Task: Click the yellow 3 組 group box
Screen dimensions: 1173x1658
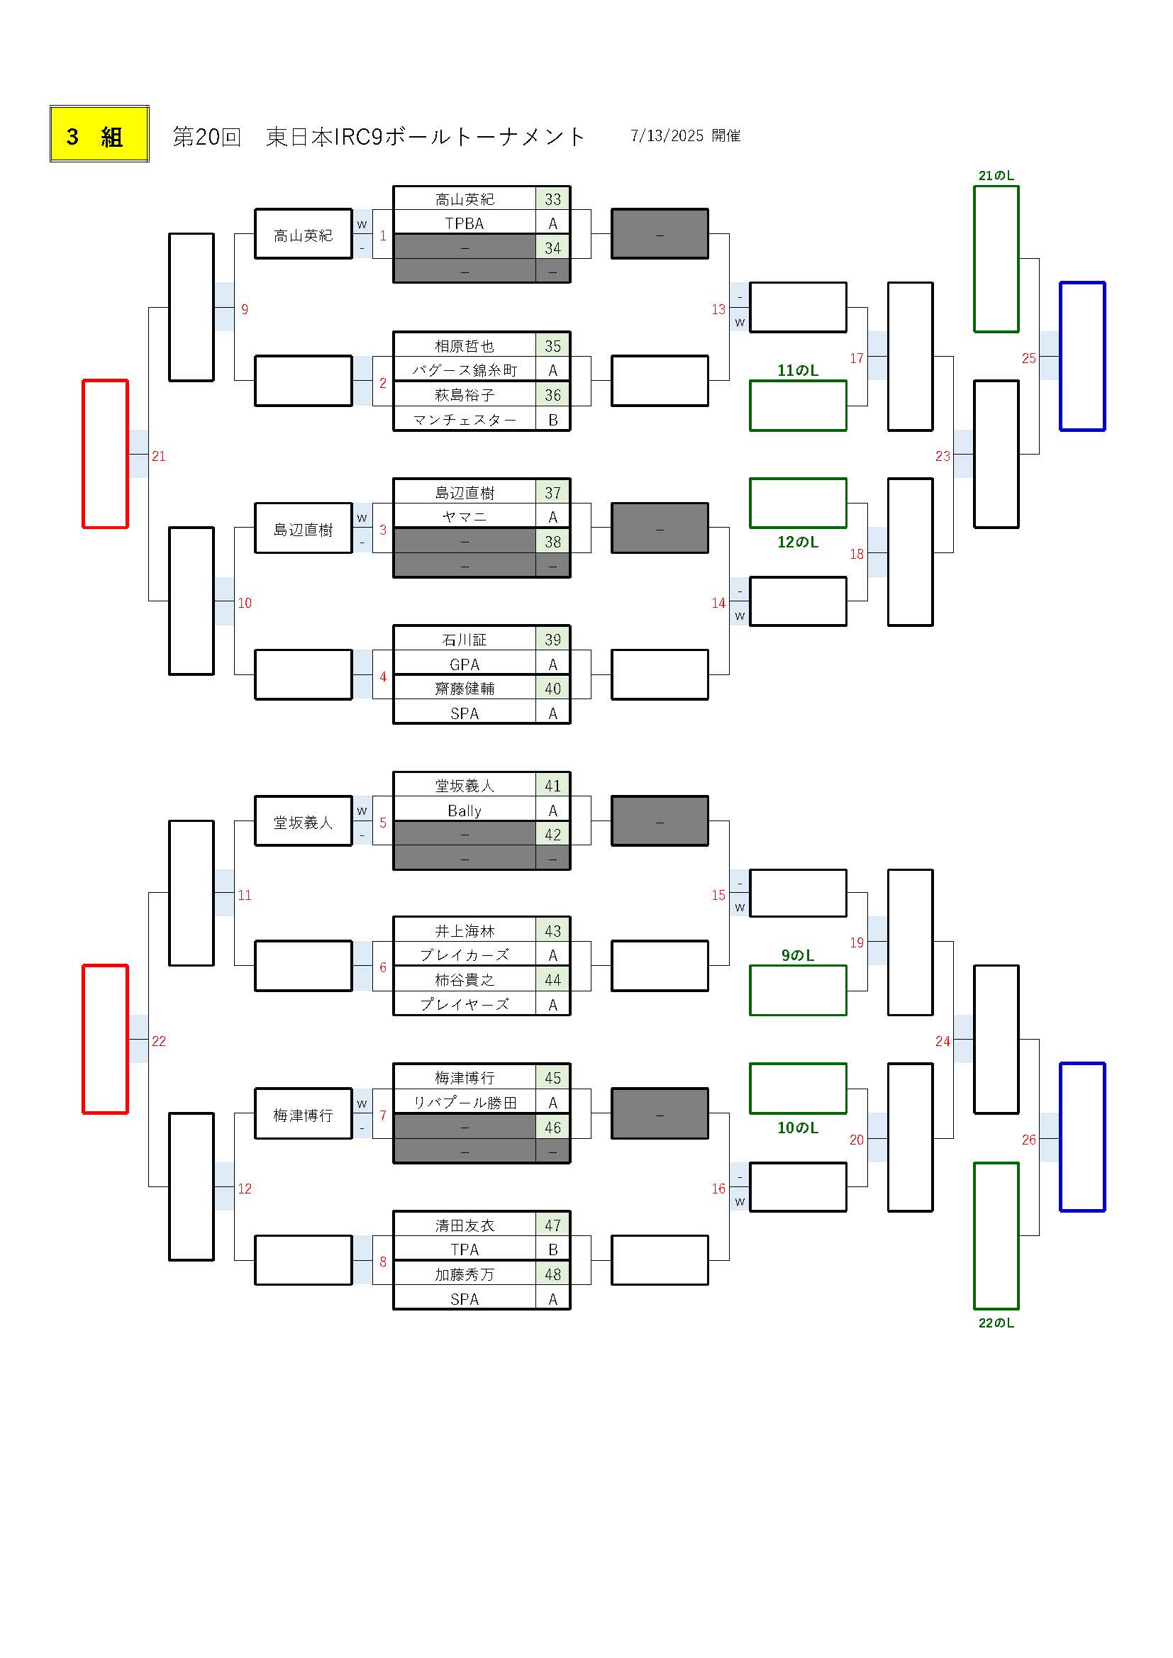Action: [100, 134]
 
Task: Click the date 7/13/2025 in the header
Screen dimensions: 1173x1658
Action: [667, 135]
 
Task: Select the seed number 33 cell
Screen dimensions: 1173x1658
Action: [552, 199]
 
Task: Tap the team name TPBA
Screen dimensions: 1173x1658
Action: [465, 223]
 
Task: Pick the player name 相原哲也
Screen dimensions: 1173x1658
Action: [465, 346]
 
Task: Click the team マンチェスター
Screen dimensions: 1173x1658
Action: [465, 420]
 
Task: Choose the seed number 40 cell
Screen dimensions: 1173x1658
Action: [552, 688]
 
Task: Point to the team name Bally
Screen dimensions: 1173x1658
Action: [465, 811]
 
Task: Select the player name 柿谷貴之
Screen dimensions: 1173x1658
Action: [465, 980]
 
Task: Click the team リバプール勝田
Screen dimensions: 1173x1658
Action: [465, 1103]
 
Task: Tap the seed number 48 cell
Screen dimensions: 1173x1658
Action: [552, 1274]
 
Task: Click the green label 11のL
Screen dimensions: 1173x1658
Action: [797, 370]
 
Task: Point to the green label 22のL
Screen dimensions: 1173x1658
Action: [996, 1323]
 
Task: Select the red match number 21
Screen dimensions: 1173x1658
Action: [159, 457]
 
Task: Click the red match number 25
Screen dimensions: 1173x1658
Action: [1028, 358]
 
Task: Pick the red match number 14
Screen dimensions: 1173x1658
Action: [718, 603]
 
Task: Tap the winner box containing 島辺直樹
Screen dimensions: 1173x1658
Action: [304, 529]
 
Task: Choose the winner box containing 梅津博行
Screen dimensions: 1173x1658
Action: [304, 1115]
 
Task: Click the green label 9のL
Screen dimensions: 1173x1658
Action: [797, 955]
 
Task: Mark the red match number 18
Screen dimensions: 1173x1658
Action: [857, 554]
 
